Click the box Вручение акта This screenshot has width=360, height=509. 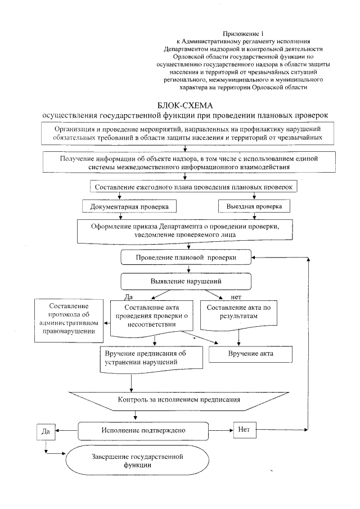pyautogui.click(x=250, y=353)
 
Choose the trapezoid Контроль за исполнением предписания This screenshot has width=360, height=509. pyautogui.click(x=179, y=400)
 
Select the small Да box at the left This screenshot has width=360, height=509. pyautogui.click(x=46, y=431)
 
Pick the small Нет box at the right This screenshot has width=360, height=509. pyautogui.click(x=244, y=430)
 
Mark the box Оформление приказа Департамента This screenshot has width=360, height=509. pyautogui.click(x=184, y=230)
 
